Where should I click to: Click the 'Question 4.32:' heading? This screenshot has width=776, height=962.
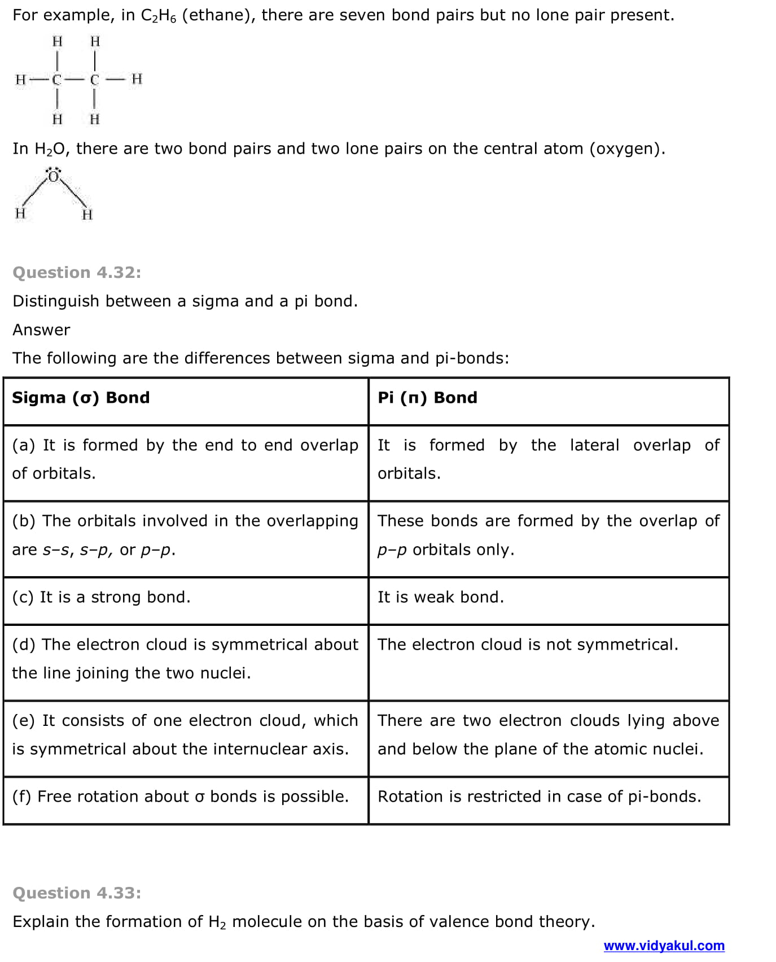pos(77,272)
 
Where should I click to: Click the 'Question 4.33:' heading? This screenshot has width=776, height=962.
pos(77,893)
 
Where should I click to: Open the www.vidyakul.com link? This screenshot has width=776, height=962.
pos(664,946)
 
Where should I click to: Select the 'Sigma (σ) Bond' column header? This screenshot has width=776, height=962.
pos(81,398)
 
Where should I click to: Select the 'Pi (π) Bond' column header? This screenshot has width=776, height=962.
pos(427,398)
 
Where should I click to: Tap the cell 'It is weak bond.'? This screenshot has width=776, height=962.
pos(440,597)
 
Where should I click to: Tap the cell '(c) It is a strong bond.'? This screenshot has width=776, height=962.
pos(102,597)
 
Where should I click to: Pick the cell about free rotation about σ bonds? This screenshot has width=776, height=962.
pos(181,796)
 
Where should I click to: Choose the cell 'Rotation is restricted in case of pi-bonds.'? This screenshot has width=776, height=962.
pos(539,796)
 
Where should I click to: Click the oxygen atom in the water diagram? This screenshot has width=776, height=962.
pos(54,176)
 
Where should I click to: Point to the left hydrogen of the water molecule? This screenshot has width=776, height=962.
pos(20,213)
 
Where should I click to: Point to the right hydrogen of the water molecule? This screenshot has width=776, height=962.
pos(87,215)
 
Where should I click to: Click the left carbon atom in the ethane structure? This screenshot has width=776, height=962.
pos(57,80)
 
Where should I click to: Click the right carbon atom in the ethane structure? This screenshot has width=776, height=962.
pos(94,80)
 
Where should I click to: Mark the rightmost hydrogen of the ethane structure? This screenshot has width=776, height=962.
pos(137,79)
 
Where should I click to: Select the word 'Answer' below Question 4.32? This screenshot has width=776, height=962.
pos(41,330)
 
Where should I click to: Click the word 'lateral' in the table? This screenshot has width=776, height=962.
pos(594,445)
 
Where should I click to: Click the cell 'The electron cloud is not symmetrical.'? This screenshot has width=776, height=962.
pos(528,645)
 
